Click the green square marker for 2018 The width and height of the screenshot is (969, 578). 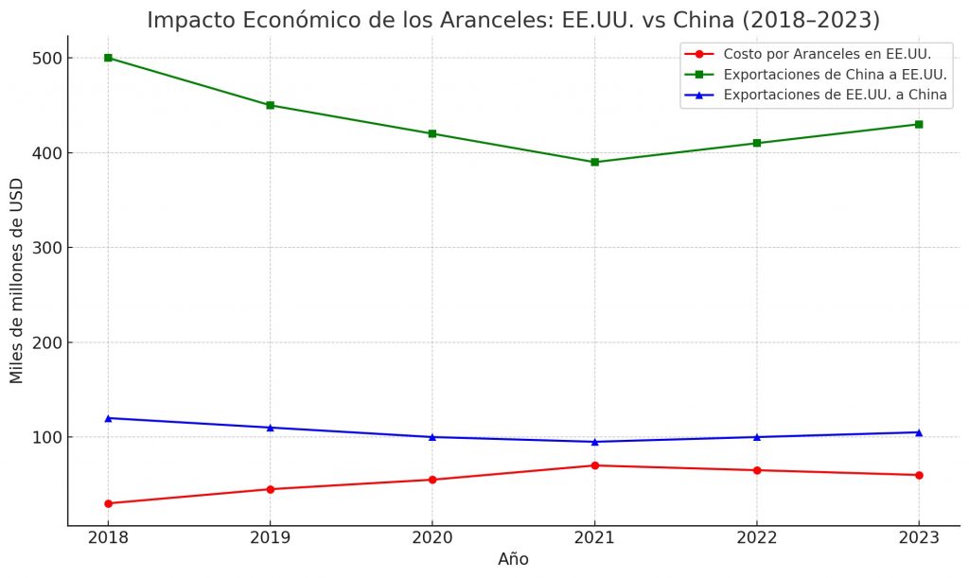[108, 58]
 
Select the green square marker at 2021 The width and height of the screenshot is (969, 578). [594, 162]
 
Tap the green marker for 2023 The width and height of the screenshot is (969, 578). [918, 124]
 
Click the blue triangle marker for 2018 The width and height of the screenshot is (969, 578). [108, 418]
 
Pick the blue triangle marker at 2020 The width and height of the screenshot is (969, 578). [432, 437]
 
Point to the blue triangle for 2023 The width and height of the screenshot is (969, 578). [918, 432]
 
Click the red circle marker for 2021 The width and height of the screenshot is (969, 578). [594, 465]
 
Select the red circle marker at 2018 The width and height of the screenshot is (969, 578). [108, 503]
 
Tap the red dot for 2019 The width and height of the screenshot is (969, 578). [271, 489]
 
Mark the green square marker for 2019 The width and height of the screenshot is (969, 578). [271, 105]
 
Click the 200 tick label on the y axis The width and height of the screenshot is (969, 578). [47, 342]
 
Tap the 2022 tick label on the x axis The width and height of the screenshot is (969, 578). [756, 537]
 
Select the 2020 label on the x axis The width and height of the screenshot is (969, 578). [432, 537]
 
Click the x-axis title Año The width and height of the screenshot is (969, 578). [513, 559]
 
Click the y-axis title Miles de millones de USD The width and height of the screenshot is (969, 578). [17, 283]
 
